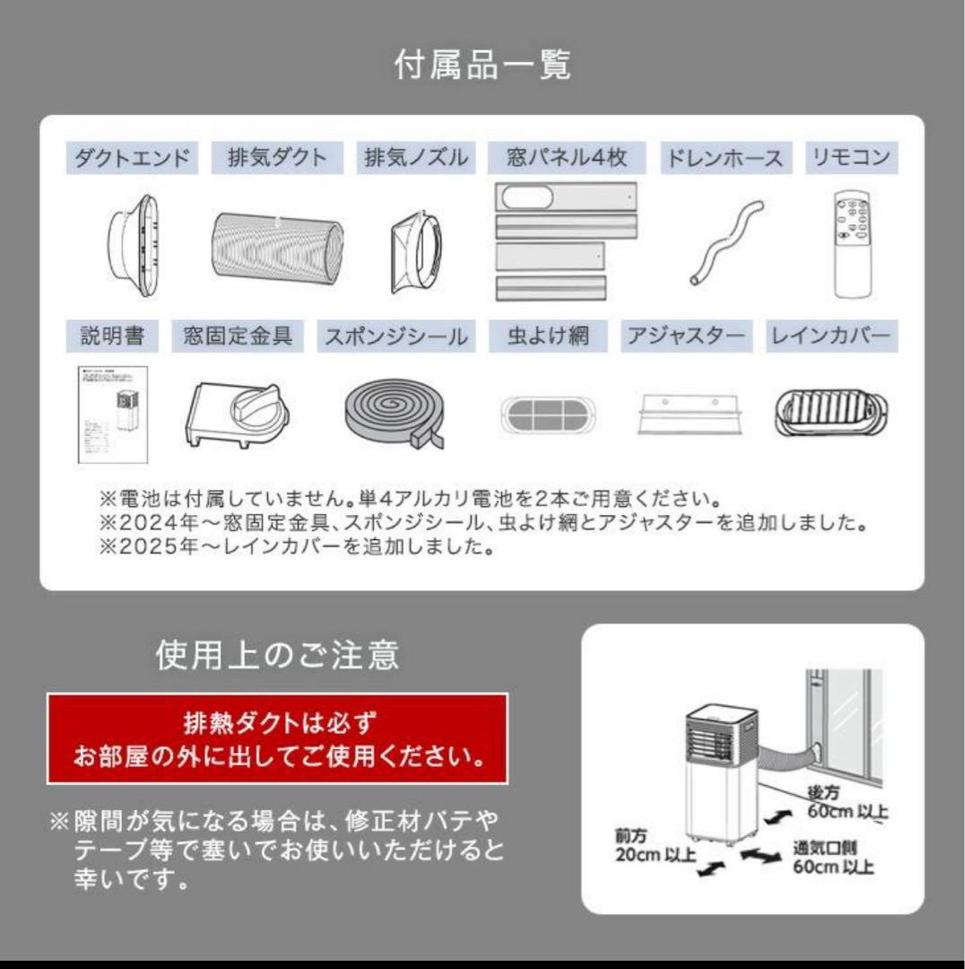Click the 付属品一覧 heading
(x=482, y=65)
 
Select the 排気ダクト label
(x=270, y=159)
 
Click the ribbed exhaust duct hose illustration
(x=277, y=247)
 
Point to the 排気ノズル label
(x=416, y=159)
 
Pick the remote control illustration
(x=851, y=242)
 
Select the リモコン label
(x=851, y=159)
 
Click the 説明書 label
(x=106, y=336)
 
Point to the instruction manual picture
(x=112, y=414)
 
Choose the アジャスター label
(x=686, y=336)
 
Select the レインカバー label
(x=830, y=336)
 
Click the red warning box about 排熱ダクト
(x=277, y=738)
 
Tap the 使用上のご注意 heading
(x=277, y=656)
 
